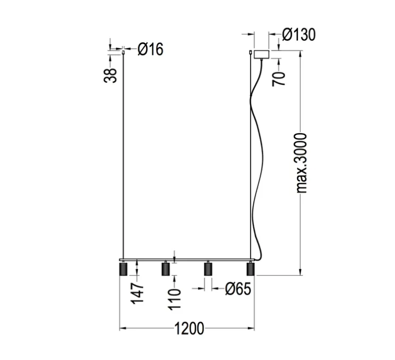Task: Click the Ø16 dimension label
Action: pos(150,49)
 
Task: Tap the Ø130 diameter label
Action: pos(298,35)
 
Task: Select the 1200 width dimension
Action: pos(188,329)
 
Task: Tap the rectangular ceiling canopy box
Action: pos(262,54)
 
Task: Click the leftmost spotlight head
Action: pos(123,270)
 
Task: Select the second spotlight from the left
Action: pos(165,270)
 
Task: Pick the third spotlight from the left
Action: pos(208,270)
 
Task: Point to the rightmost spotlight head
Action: pos(250,270)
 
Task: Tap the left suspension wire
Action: pos(123,159)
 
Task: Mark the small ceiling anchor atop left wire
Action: pos(123,52)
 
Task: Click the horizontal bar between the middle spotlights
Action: pos(186,260)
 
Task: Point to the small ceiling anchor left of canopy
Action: pos(250,52)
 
